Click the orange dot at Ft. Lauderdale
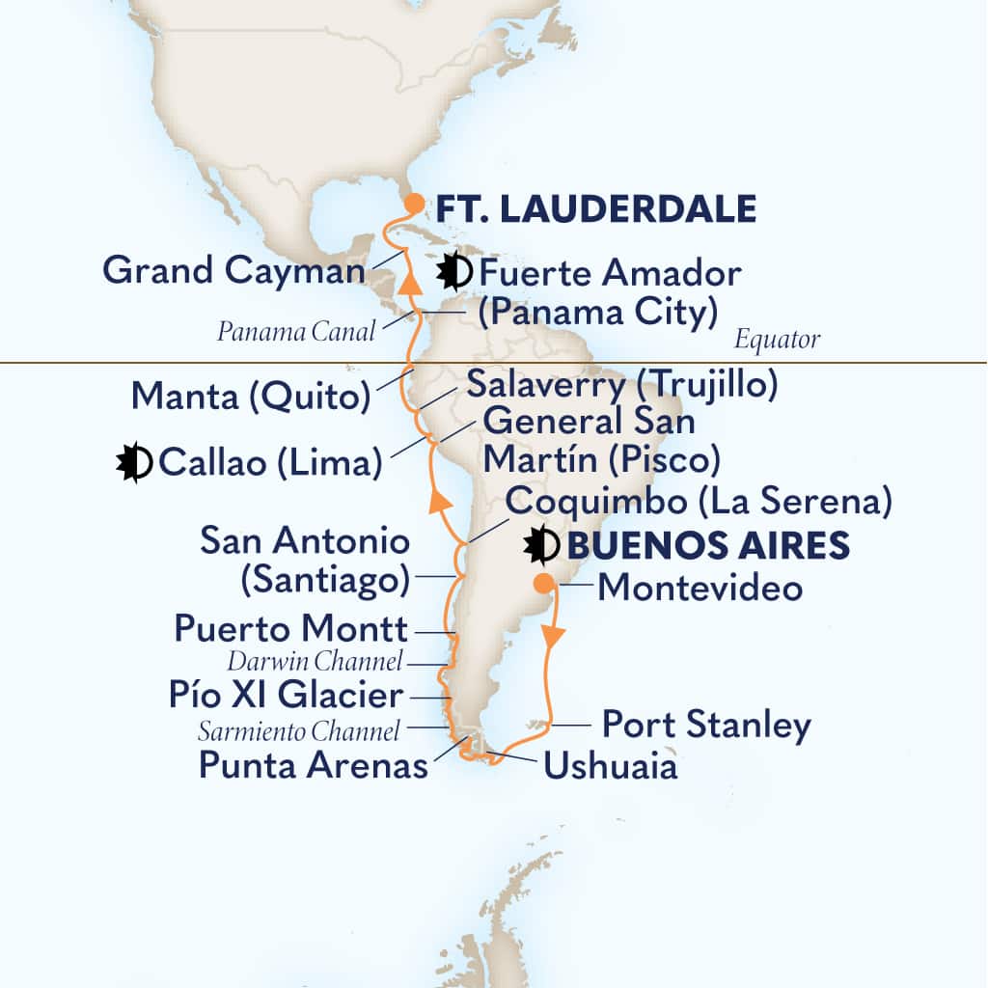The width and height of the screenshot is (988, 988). [x=413, y=204]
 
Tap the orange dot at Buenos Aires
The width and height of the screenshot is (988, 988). [x=544, y=583]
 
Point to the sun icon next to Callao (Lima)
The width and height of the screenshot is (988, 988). [x=133, y=462]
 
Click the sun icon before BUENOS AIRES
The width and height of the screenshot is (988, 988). [x=542, y=545]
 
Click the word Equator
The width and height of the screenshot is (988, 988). [x=777, y=340]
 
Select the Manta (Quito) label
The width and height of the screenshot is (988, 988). [x=250, y=395]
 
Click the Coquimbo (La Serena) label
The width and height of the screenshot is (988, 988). [x=698, y=502]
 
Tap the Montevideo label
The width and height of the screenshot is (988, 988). [x=700, y=588]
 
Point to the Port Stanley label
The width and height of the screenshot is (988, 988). [x=706, y=725]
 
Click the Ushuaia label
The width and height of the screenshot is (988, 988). [x=610, y=767]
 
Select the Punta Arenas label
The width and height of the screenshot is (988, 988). [x=313, y=765]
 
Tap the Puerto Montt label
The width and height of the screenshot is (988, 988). [x=290, y=630]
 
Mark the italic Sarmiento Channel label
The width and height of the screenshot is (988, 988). [x=298, y=732]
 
